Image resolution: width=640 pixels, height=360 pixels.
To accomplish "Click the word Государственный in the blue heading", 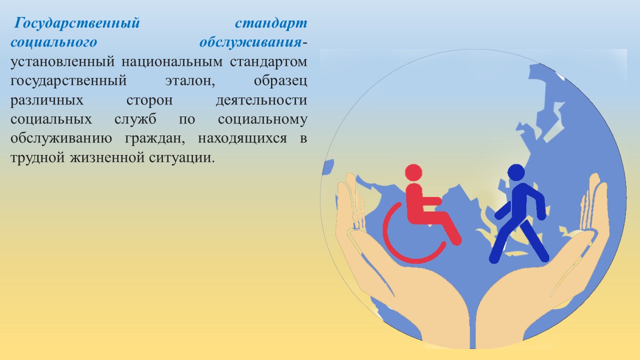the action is (77, 23).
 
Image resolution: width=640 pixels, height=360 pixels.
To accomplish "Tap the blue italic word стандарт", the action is (271, 23).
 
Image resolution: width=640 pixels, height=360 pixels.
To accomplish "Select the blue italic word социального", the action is (54, 43).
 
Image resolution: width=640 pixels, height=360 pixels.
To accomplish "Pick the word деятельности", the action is (261, 100).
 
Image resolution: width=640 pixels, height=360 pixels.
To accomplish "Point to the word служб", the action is (135, 119).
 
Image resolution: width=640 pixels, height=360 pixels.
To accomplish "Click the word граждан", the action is (155, 139).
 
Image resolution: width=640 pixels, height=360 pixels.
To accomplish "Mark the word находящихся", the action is (242, 139).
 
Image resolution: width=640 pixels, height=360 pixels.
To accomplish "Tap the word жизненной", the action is (107, 158).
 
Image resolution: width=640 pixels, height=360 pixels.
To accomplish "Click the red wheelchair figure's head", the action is (413, 172).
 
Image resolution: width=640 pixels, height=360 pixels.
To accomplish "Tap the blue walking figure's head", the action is (516, 172).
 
